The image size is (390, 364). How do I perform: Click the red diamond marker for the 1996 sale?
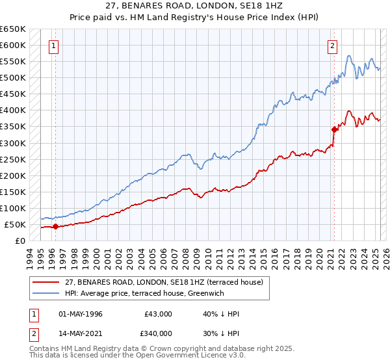point(55,227)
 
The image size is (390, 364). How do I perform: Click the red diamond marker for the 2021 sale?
point(334,129)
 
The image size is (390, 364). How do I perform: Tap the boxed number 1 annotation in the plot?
point(52,45)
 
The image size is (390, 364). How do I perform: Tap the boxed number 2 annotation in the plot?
point(332,45)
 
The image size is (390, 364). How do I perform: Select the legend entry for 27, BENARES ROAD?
point(163,282)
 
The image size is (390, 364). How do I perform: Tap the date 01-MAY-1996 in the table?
point(80,314)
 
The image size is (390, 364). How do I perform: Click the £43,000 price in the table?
point(158,314)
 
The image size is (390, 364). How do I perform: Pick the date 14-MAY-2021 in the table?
point(80,333)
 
